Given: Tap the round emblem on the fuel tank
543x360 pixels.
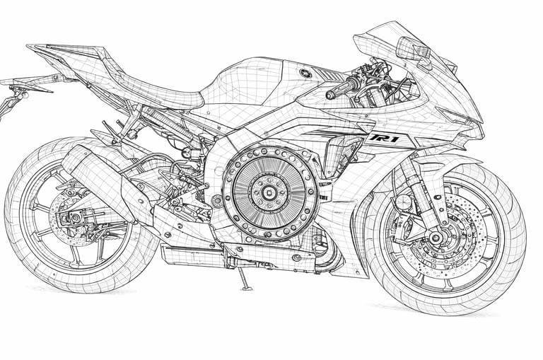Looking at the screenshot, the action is (305, 73).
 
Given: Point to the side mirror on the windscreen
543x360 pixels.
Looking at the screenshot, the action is (414, 50).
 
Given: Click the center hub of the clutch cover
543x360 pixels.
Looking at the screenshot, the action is (269, 190).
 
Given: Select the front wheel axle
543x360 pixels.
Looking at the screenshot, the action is (436, 238).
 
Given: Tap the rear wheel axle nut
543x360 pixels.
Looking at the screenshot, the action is (74, 217).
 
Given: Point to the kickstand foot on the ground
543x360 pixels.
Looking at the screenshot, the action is (246, 287).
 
